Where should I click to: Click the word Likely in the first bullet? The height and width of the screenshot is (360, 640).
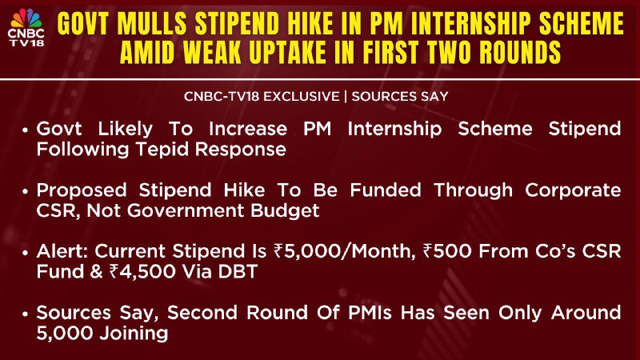125,129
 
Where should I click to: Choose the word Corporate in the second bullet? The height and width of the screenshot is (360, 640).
573,190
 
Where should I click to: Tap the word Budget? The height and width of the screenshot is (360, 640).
285,210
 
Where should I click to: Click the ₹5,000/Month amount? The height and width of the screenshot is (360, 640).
342,251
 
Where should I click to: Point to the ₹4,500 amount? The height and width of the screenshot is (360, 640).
142,272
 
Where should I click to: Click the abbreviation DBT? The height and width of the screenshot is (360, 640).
238,272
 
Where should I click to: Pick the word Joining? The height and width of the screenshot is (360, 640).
134,334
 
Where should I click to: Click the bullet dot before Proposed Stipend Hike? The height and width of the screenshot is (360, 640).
26,191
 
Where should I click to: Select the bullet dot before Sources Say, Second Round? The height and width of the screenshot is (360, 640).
26,314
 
